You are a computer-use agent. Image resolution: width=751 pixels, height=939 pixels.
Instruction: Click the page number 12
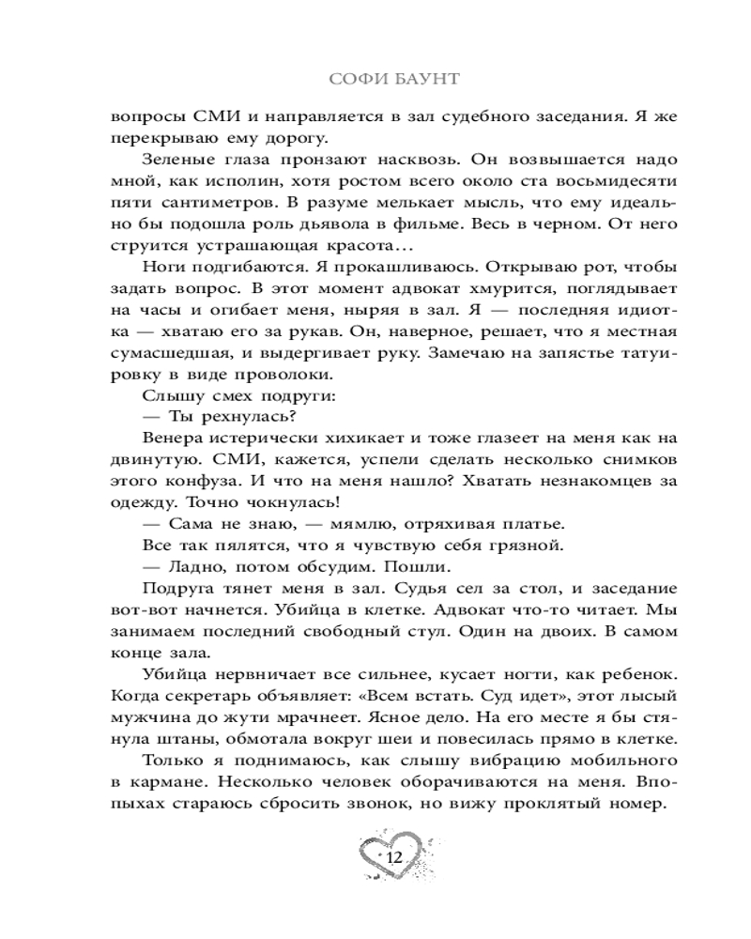coord(392,856)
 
